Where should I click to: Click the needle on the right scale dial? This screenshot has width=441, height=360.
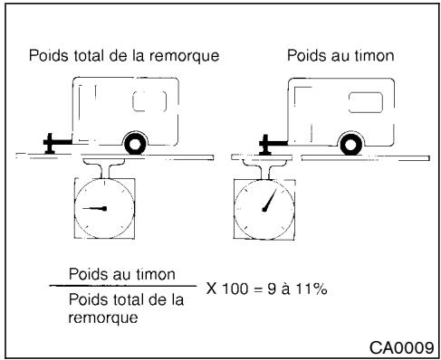(269, 200)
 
